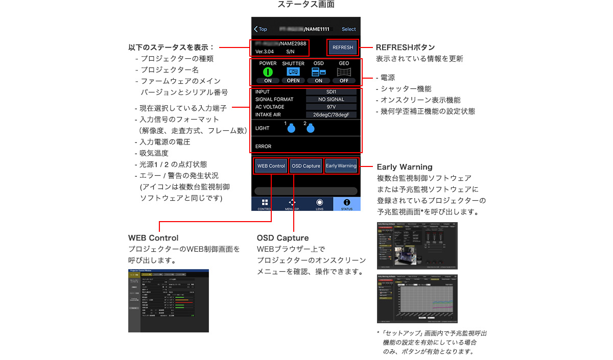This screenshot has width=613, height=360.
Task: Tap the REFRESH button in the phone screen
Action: tap(343, 47)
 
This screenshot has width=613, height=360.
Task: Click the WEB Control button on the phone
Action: tap(271, 166)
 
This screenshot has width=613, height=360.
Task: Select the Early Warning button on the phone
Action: tap(341, 166)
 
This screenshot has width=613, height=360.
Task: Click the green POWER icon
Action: tap(268, 72)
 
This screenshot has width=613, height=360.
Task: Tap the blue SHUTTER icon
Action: tap(293, 72)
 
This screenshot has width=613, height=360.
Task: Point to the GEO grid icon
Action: tap(344, 72)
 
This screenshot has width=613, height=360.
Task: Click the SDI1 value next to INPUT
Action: tap(331, 92)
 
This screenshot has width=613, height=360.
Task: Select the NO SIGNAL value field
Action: tap(331, 100)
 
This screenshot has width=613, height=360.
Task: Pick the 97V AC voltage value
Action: tap(331, 107)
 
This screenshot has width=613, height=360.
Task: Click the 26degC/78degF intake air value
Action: tap(331, 115)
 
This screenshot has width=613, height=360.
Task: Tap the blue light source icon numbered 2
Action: tap(311, 129)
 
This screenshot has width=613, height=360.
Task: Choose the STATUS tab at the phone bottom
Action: tap(347, 204)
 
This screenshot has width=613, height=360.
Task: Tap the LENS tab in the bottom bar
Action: tap(319, 204)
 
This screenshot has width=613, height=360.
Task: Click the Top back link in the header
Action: tap(261, 29)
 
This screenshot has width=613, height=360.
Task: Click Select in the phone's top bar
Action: tap(349, 29)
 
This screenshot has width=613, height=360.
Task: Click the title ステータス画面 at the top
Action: tap(306, 5)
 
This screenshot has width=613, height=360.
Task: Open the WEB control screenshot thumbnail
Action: tap(169, 301)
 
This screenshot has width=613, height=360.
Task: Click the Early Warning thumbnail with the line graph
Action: tap(417, 298)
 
